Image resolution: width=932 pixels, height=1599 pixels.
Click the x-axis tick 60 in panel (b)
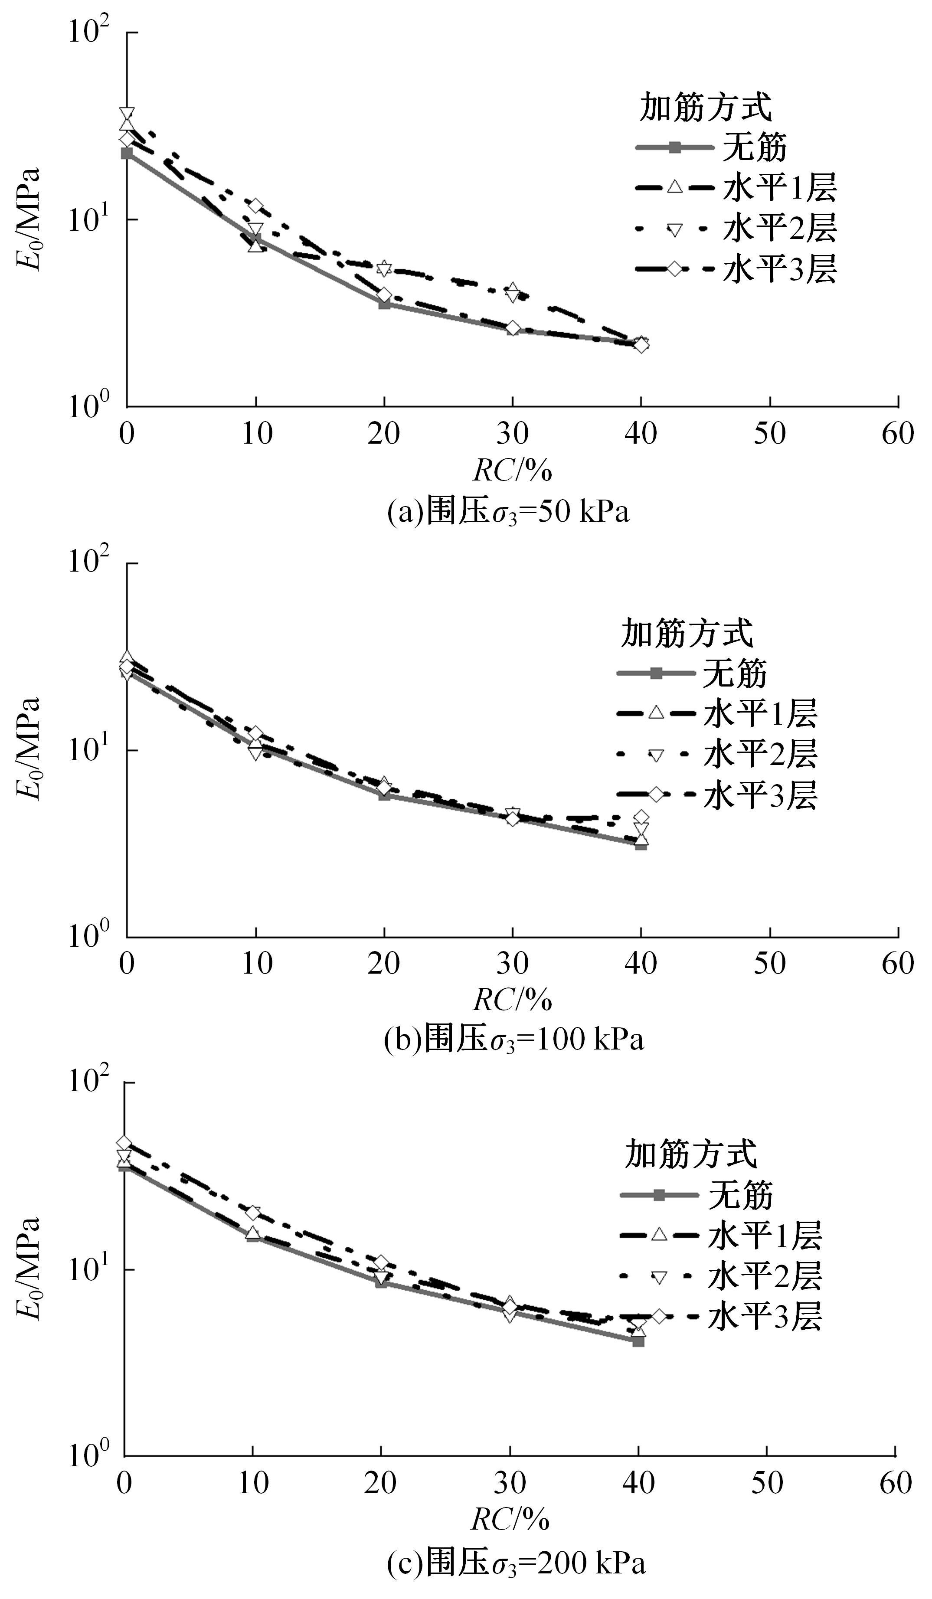(x=898, y=963)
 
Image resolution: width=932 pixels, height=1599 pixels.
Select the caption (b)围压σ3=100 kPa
(x=514, y=1040)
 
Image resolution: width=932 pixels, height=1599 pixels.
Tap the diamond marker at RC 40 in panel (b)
(x=641, y=817)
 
